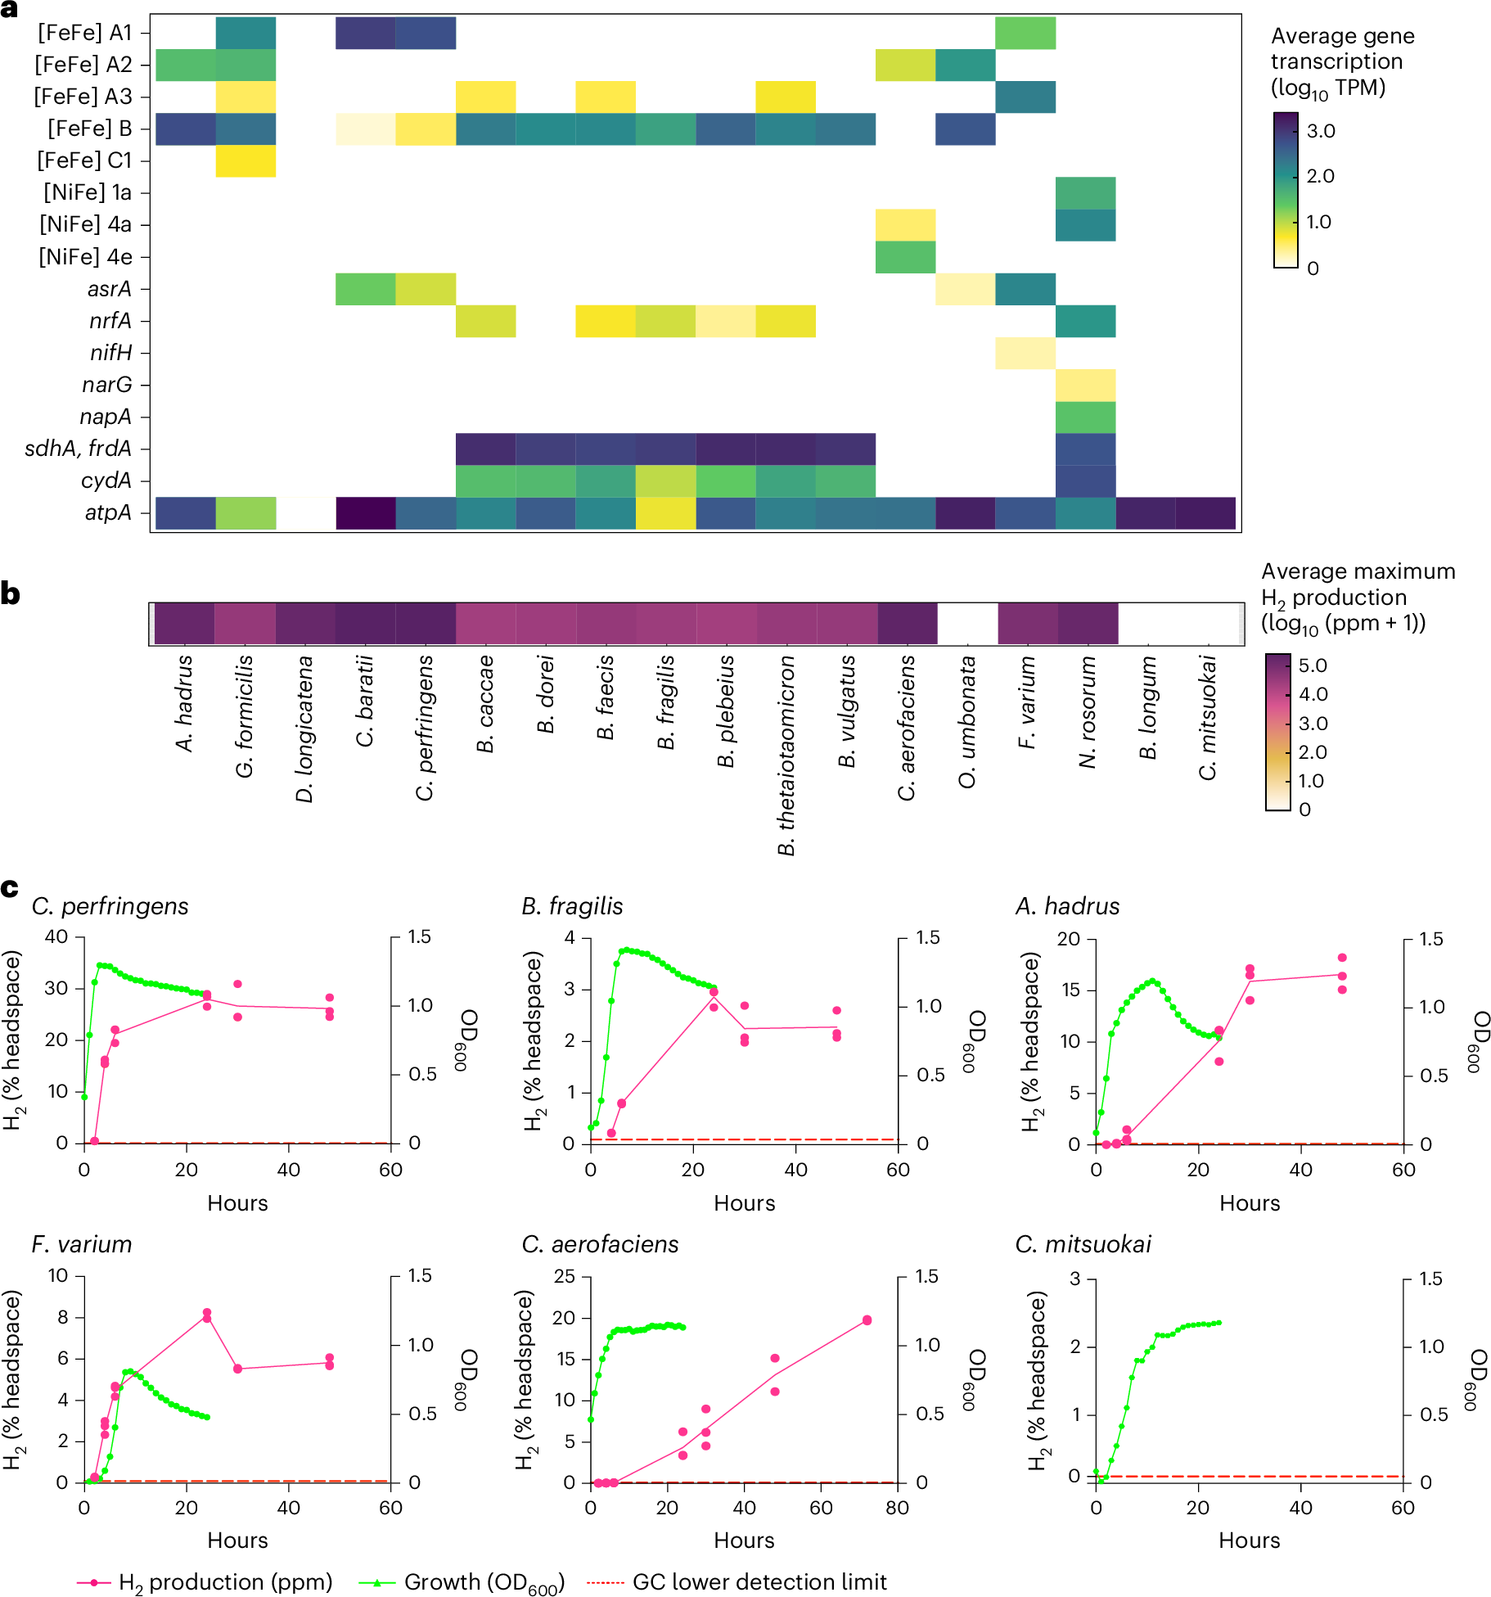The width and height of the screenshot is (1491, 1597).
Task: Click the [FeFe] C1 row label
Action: click(84, 160)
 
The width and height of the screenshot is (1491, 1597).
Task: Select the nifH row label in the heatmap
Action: click(110, 353)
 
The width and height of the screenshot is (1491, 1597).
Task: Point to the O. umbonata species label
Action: click(967, 720)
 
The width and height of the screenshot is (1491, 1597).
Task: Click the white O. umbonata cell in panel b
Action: click(967, 624)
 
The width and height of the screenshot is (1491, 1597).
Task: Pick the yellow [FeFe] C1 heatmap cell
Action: click(245, 160)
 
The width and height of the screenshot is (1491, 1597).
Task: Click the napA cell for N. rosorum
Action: click(1085, 417)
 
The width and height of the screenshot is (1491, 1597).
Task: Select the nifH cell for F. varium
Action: click(1025, 353)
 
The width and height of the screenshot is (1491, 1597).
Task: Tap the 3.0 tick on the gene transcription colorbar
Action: click(1321, 131)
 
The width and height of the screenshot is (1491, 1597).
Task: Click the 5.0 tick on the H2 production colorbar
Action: click(1313, 665)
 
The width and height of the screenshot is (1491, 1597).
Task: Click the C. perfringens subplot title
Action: click(110, 906)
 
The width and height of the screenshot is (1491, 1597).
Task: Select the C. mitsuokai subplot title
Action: click(1083, 1244)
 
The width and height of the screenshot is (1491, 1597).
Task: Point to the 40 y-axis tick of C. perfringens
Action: click(56, 936)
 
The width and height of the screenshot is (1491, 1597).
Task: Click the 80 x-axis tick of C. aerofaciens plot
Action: click(897, 1508)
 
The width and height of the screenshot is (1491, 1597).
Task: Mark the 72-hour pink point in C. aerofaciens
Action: click(867, 1320)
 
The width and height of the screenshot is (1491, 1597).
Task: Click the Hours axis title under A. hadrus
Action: click(1249, 1202)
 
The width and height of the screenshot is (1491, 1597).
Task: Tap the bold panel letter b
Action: click(11, 593)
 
